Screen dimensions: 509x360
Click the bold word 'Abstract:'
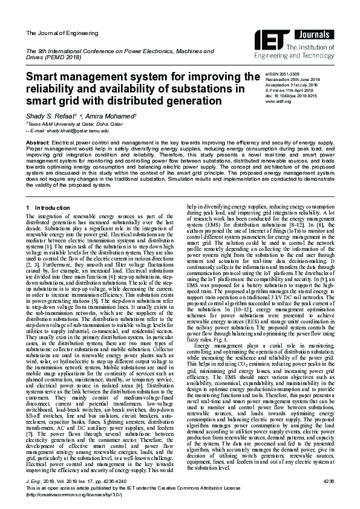(37, 141)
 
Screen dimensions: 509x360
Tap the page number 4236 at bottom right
(329, 481)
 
